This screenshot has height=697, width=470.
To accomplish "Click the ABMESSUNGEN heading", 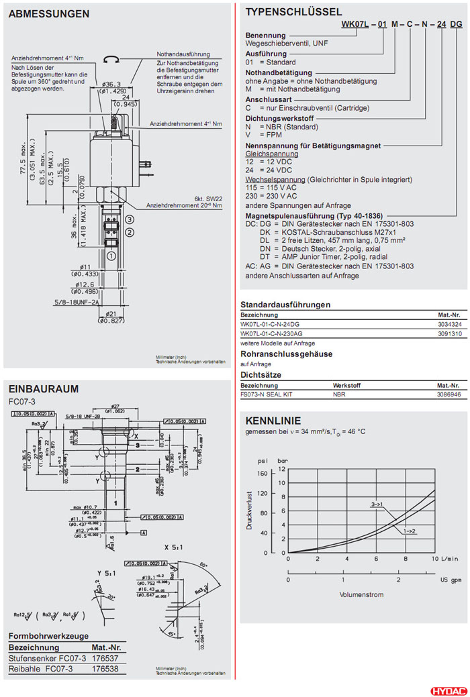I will pos(48,14).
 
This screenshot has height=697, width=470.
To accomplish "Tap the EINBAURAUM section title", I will pos(43,388).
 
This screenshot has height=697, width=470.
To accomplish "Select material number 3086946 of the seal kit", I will pos(449,394).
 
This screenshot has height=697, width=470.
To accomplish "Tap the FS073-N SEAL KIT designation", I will pos(267,394).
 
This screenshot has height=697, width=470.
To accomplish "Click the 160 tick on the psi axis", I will pos(262,473).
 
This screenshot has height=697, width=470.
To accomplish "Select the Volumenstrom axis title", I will pos(362,594).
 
